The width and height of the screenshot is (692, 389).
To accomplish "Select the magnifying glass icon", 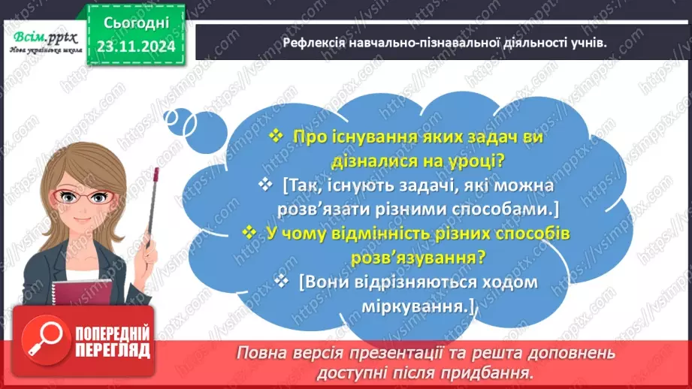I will [35, 339].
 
